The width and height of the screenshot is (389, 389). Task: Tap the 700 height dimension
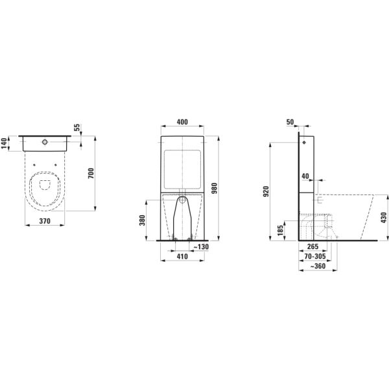coord(91,173)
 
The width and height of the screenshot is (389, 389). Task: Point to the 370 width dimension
coord(45,222)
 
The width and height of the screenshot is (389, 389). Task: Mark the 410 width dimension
coord(183,257)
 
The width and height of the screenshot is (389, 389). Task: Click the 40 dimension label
coord(305,176)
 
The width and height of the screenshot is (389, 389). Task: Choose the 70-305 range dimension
coord(315,257)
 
